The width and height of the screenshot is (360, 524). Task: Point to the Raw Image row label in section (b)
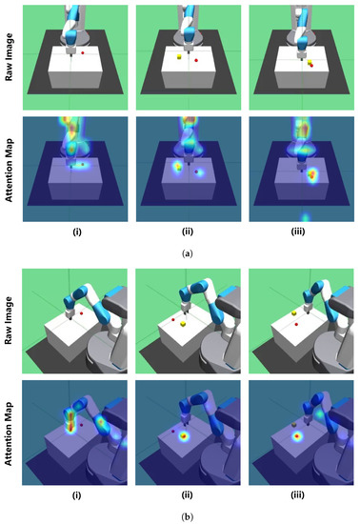pyautogui.click(x=11, y=324)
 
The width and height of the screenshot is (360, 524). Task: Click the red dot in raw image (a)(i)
pyautogui.click(x=83, y=54)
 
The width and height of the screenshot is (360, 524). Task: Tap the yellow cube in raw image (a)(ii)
pyautogui.click(x=178, y=58)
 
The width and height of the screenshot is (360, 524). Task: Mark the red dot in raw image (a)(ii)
pyautogui.click(x=196, y=60)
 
